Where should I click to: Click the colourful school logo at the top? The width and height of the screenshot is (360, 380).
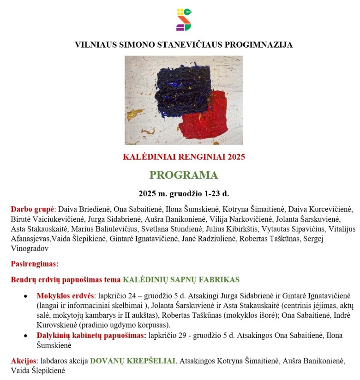184,19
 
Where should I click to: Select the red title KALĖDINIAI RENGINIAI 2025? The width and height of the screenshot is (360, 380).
184,157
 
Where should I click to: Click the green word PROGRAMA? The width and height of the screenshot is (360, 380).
184,175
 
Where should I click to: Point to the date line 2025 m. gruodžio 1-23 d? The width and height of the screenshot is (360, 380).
184,193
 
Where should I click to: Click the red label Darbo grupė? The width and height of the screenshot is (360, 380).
32,209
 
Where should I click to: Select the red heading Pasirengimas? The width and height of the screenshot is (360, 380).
35,264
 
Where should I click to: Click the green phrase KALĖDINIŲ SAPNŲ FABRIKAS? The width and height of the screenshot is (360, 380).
181,280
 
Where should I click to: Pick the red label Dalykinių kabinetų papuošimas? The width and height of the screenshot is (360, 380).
91,335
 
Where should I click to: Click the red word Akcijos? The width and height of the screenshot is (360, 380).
23,361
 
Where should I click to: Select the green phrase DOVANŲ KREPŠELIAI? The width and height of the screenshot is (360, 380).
132,361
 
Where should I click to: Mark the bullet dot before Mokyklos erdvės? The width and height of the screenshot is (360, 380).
26,296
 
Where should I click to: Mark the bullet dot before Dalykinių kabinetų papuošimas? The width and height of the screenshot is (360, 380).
26,336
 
